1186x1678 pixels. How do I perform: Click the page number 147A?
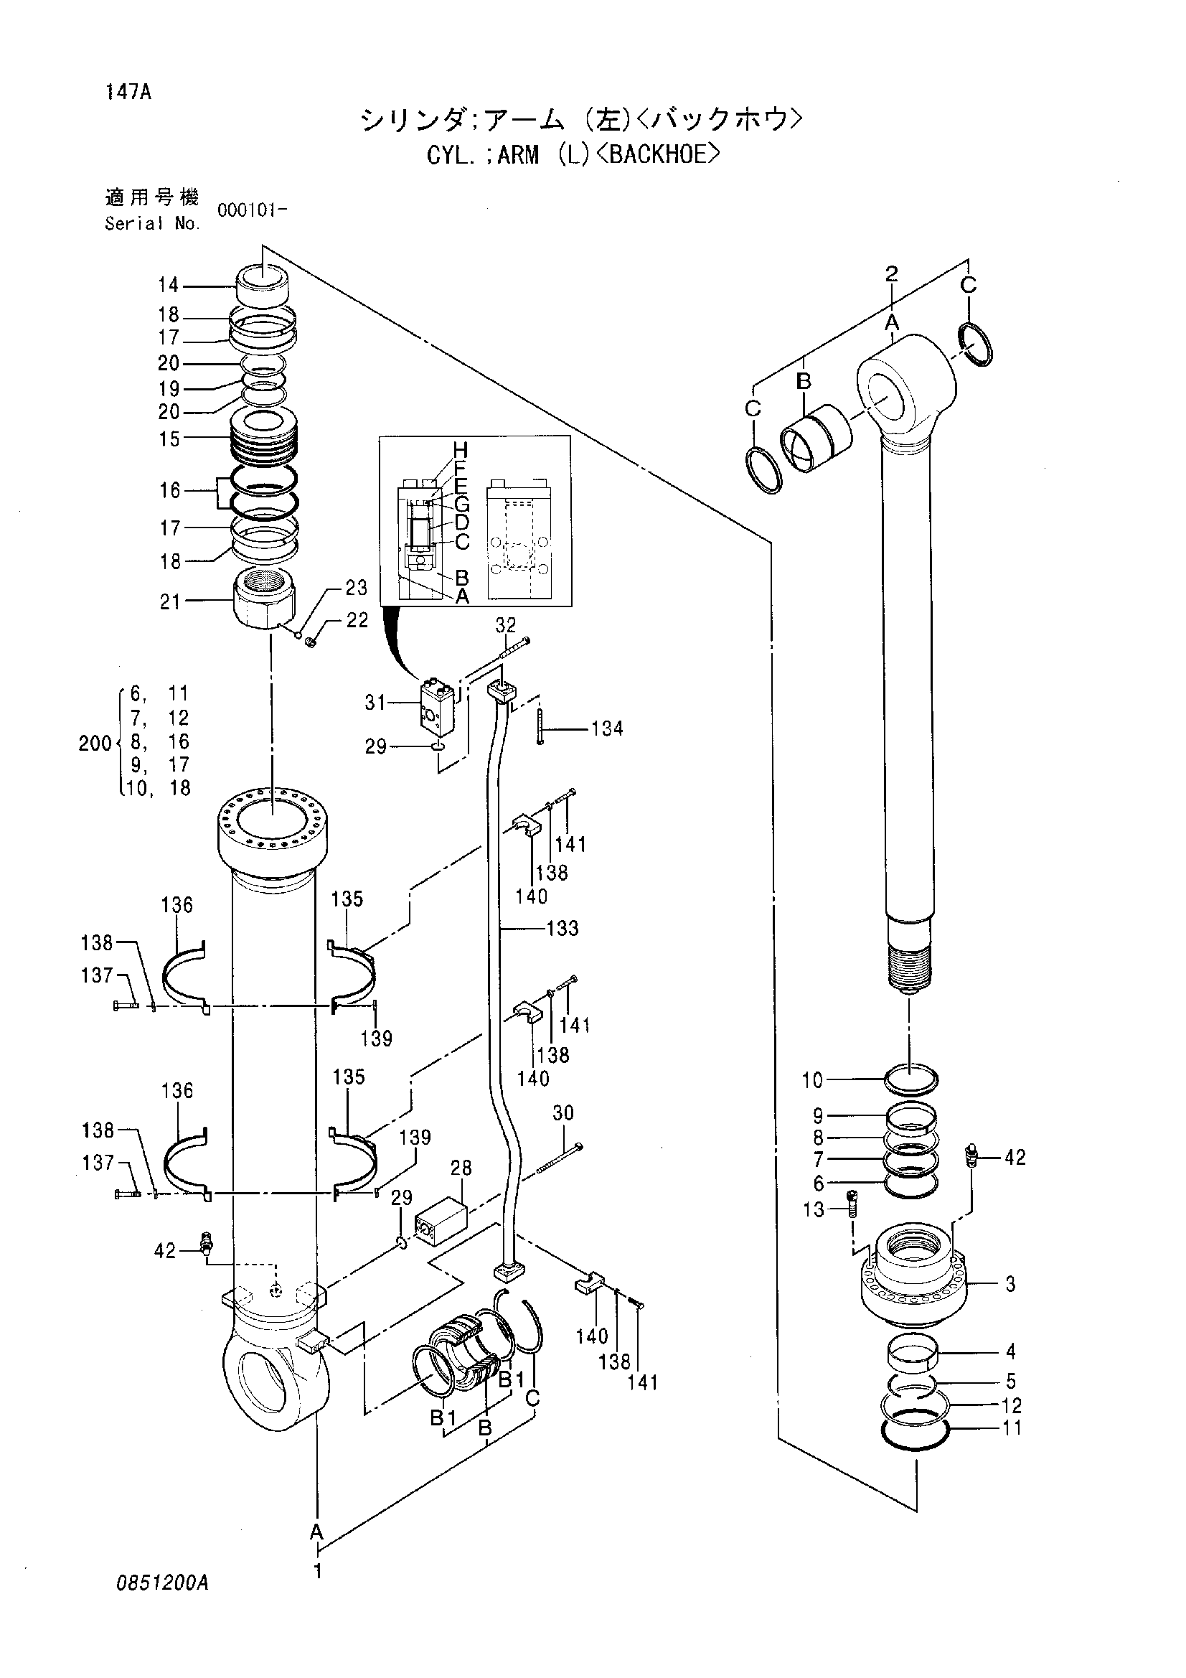[x=128, y=93]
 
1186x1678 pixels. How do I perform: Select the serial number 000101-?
[x=252, y=210]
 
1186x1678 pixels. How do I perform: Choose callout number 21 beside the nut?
[x=170, y=601]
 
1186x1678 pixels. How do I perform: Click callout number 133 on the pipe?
[x=563, y=928]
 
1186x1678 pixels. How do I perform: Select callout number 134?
[x=607, y=728]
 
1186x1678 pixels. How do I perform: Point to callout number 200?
[x=94, y=744]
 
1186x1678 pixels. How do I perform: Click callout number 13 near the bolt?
[x=813, y=1209]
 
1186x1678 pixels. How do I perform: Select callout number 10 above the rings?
[x=812, y=1079]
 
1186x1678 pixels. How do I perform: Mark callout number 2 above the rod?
[x=892, y=273]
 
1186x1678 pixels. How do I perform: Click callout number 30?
[x=563, y=1113]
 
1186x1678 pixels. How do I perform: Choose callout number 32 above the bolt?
[x=506, y=625]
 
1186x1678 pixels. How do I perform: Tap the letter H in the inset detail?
[x=460, y=449]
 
